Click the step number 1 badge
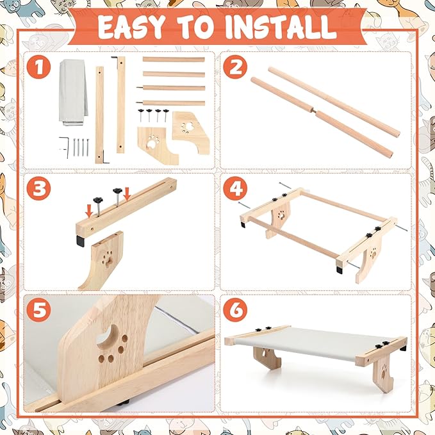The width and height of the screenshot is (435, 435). pos(39,67)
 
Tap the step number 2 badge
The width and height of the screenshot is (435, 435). pos(235,67)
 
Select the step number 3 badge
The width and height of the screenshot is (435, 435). pos(39,188)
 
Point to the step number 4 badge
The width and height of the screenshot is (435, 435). pos(235,188)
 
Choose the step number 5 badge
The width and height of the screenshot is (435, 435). pos(39,310)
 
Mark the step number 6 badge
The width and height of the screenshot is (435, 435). pos(235,310)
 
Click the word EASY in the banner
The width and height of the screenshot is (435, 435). pos(132,27)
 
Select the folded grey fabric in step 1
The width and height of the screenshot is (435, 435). pos(73,92)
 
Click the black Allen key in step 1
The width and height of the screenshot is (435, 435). pos(64,146)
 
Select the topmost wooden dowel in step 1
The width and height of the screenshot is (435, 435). pos(174,60)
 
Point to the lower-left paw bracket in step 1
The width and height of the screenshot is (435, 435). pos(157,144)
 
